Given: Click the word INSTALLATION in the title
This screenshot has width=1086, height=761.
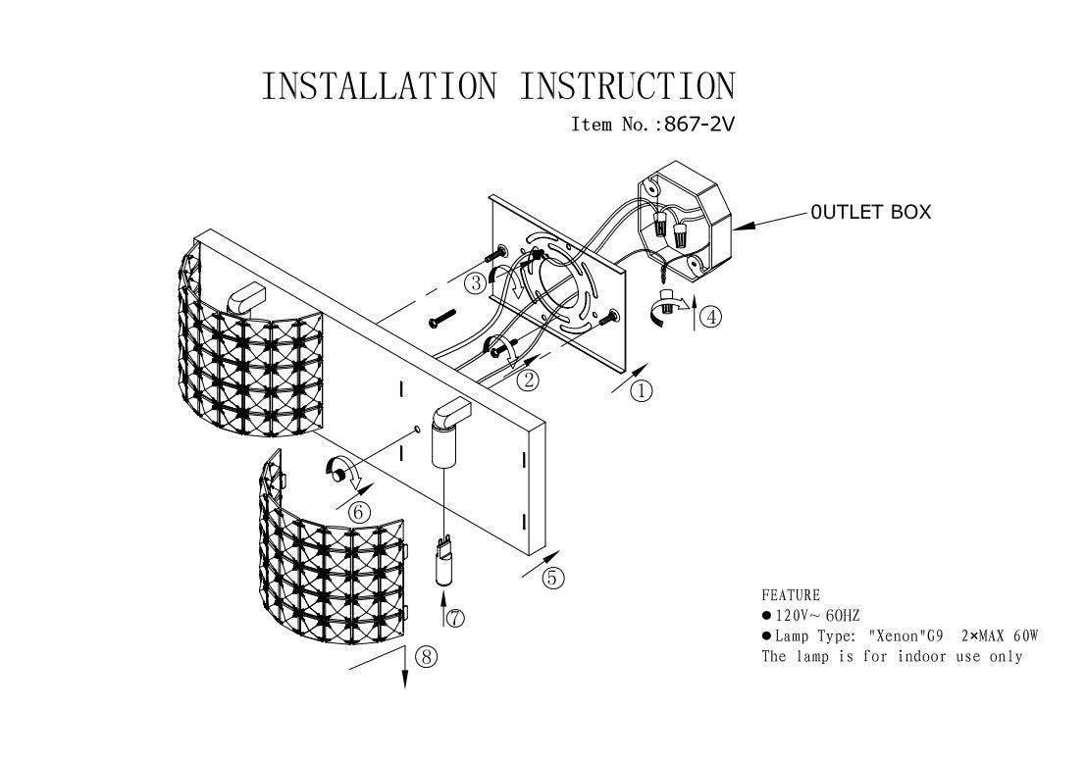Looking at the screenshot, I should (379, 86).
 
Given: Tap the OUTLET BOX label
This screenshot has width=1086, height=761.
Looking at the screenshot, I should (870, 211).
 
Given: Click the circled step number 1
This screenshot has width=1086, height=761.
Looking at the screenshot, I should (641, 391).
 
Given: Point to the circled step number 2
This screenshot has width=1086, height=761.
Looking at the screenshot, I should (530, 380).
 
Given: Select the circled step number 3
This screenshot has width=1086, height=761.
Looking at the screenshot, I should (476, 283).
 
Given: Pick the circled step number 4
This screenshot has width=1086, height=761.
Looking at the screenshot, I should (711, 317).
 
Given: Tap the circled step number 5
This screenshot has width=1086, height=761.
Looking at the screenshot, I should (552, 578).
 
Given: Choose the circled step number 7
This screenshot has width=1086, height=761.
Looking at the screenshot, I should (454, 618).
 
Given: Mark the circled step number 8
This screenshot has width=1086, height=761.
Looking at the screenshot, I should (425, 657).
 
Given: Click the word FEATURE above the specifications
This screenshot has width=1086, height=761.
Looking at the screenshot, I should (790, 595).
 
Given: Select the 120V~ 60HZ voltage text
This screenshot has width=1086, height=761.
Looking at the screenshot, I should (817, 616).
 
